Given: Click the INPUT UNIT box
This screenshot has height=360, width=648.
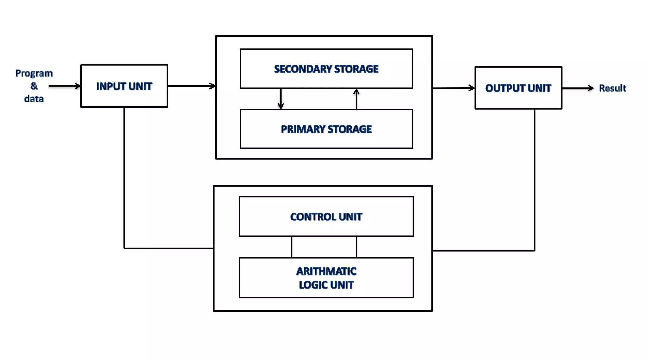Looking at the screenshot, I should click(124, 86).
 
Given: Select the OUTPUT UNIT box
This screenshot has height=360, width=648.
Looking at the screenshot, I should click(518, 88).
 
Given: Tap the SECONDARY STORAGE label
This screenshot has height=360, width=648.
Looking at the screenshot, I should click(326, 69).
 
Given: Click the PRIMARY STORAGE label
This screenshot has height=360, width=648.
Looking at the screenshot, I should click(326, 129).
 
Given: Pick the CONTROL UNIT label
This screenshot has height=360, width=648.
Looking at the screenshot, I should click(326, 217).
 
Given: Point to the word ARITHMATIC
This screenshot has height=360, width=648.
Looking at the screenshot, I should click(326, 271).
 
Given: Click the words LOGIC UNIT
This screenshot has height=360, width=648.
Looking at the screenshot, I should click(326, 285).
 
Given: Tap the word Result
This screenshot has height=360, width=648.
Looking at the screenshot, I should click(612, 88).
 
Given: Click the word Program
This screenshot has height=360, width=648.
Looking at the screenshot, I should click(34, 73).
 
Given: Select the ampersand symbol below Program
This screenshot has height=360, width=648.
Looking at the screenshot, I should click(34, 86).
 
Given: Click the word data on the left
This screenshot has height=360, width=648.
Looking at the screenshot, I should click(34, 99).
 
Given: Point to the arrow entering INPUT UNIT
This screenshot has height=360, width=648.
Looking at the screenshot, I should click(65, 86).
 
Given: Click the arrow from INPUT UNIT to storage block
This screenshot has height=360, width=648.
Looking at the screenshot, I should click(191, 86).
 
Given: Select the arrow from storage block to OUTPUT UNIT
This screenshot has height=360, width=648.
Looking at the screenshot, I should click(453, 88).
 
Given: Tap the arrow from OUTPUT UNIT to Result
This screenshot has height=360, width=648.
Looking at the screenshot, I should click(578, 88).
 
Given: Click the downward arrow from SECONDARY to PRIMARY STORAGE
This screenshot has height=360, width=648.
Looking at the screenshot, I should click(281, 99).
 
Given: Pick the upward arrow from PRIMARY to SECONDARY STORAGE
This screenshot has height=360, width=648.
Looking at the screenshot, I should click(356, 99).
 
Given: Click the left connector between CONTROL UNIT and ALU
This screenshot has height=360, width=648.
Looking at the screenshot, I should click(291, 247).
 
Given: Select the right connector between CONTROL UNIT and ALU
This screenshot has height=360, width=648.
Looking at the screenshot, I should click(356, 247).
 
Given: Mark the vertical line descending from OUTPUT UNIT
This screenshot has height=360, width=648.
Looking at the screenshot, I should click(535, 180).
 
